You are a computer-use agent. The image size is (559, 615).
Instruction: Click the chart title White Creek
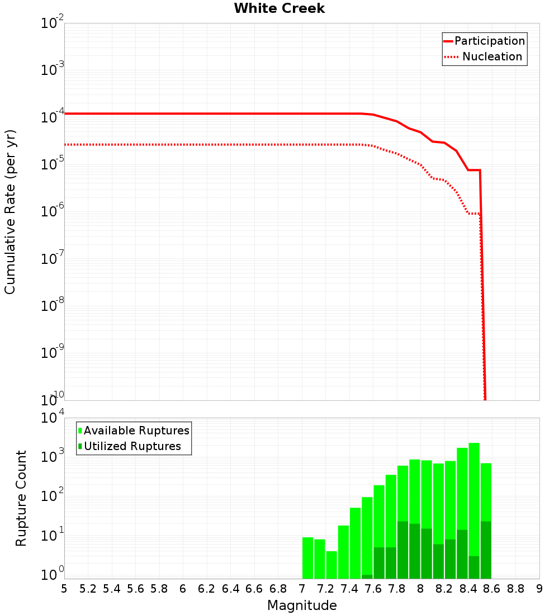click(279, 8)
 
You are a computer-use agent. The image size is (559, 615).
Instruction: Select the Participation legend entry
click(489, 41)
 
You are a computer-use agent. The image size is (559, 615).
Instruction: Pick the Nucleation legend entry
click(492, 56)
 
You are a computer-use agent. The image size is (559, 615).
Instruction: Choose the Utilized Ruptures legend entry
click(132, 446)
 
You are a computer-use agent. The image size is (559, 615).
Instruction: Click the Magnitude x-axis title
click(302, 605)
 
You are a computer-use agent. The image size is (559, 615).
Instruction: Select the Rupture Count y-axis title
click(21, 498)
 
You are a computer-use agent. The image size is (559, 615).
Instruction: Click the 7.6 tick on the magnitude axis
click(373, 589)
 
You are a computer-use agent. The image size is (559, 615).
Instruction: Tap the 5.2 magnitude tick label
click(88, 589)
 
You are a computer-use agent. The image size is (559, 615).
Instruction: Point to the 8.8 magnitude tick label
click(515, 589)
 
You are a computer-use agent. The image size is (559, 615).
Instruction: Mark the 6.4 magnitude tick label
click(230, 589)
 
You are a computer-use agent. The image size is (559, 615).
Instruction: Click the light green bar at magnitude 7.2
click(331, 565)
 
